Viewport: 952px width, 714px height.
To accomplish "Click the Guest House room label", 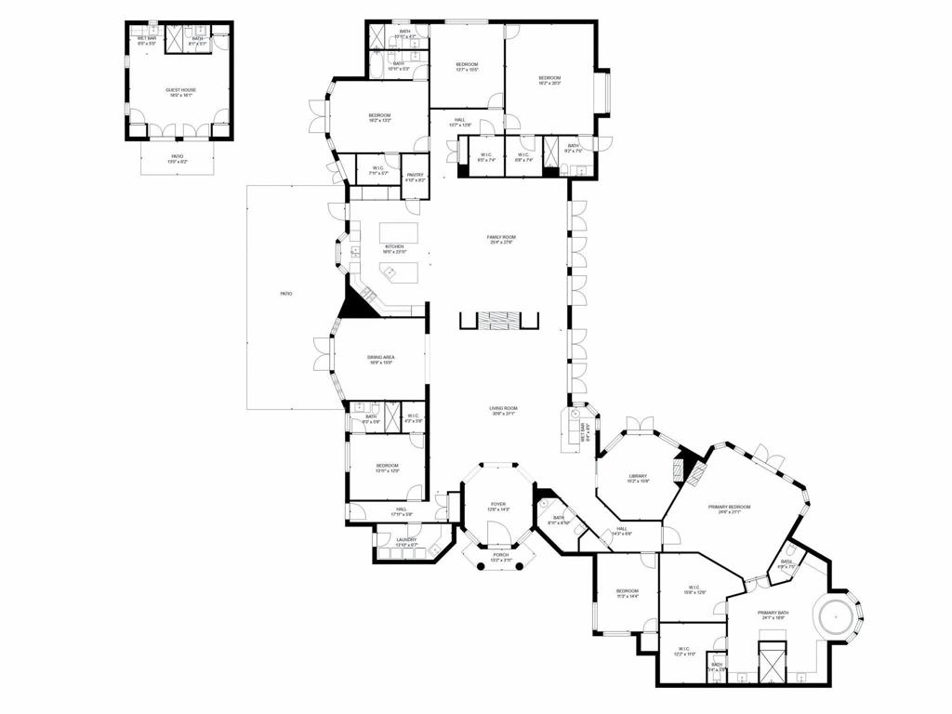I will (x=180, y=90).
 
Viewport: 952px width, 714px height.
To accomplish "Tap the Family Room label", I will (x=501, y=238).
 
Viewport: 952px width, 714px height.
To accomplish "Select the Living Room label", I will (x=504, y=408).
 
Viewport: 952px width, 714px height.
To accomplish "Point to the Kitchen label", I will (x=394, y=247).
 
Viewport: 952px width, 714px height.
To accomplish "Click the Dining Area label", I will (x=381, y=358).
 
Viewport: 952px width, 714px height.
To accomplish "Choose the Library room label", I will (x=637, y=477).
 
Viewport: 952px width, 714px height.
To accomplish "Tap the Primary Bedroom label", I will (x=729, y=507).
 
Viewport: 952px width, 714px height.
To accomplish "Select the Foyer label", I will (x=498, y=504).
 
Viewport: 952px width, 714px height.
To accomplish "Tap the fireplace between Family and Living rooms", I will (x=499, y=321).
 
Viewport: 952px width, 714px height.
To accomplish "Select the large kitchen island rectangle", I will (x=400, y=231).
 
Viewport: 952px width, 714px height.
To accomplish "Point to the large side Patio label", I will (x=286, y=294).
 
